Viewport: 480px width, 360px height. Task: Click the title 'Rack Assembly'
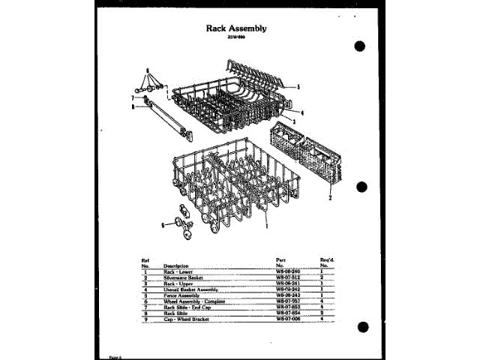tap(236, 28)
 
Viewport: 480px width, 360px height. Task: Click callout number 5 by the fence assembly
tap(298, 87)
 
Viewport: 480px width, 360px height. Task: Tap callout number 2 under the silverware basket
tap(329, 198)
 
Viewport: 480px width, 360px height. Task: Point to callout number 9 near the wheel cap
tap(162, 223)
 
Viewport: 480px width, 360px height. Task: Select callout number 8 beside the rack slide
tap(132, 106)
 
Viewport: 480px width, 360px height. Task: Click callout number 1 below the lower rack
tap(266, 224)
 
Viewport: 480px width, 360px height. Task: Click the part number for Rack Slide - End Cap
tap(288, 306)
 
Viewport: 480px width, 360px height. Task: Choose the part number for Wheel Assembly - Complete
tap(288, 300)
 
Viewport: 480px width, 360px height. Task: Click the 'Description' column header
tap(175, 266)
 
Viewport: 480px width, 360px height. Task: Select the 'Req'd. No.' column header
tap(326, 262)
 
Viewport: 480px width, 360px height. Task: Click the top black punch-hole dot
tap(359, 46)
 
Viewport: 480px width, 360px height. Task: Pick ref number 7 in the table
tap(145, 306)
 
